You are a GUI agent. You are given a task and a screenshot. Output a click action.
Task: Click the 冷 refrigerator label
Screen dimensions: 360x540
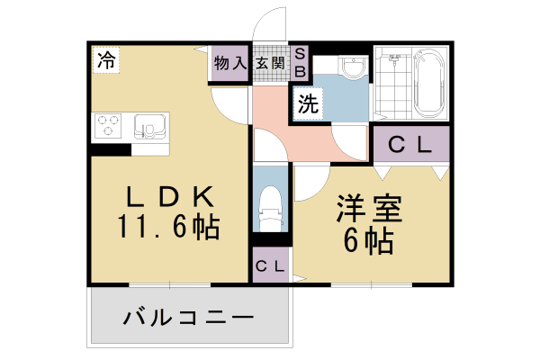105,61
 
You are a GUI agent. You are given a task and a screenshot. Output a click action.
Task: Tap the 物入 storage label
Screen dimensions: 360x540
230,63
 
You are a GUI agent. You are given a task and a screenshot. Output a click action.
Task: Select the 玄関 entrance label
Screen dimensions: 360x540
269,63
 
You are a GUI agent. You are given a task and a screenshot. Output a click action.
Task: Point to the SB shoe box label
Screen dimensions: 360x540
301,61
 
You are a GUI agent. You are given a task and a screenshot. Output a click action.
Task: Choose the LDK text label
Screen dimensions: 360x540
168,196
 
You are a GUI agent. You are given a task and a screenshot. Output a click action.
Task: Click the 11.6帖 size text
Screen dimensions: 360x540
168,228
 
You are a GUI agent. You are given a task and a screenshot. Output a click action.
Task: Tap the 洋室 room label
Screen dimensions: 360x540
368,208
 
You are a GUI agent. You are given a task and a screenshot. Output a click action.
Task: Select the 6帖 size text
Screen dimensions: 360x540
368,240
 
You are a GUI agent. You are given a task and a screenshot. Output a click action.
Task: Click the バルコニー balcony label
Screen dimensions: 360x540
188,318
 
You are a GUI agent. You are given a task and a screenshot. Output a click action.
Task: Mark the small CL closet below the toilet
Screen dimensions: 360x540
270,265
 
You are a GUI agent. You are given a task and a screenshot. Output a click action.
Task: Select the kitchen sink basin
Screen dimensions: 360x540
147,123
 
